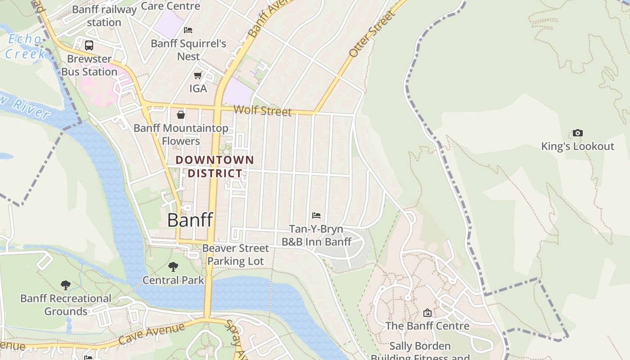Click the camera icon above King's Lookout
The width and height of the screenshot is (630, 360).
coord(578,133)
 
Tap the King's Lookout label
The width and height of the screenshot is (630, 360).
coord(577,146)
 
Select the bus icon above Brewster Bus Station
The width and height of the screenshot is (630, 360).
coord(89,45)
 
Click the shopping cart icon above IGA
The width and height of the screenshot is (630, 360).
coord(198,75)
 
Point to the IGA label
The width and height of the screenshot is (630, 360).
coord(198,88)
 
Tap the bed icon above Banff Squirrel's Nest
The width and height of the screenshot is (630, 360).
coord(188,30)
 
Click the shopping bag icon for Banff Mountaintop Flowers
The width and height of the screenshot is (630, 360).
coord(181,115)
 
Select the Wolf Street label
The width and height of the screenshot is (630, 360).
coord(262,110)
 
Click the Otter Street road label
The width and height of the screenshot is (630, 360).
coord(372,34)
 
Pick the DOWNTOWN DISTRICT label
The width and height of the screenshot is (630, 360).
coord(215,166)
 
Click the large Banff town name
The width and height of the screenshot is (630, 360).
coord(190,220)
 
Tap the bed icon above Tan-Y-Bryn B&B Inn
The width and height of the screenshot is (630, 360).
coord(316,216)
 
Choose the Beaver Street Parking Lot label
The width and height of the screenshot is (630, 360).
coord(235,254)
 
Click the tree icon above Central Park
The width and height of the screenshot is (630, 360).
coord(173,267)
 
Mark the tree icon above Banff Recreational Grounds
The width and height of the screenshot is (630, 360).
coord(66,285)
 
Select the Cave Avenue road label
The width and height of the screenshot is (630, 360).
coord(152,333)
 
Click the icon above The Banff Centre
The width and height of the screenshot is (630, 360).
coord(427,312)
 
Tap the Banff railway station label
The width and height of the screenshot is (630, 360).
coord(104,16)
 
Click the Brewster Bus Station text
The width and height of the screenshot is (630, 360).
coord(89,65)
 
